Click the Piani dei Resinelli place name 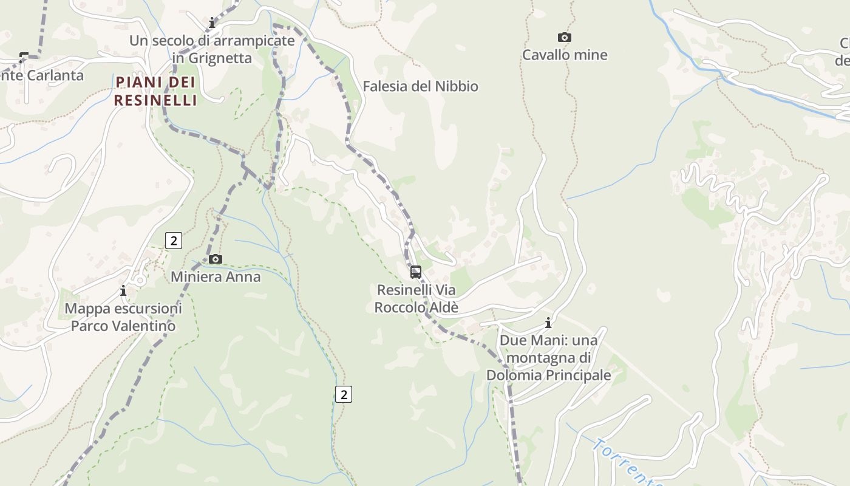click(156, 91)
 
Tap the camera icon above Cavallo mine click(565, 38)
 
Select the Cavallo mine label click(565, 55)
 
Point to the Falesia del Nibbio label click(420, 86)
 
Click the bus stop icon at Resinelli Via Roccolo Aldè click(416, 272)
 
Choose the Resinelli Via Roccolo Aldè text click(416, 298)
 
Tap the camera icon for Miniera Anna click(215, 259)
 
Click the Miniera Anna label click(216, 277)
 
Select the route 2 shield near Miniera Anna click(174, 241)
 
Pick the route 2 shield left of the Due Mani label click(344, 394)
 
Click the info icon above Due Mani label click(548, 323)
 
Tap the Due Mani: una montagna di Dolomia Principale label click(549, 358)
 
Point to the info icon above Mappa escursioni click(123, 291)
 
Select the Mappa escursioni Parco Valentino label click(123, 317)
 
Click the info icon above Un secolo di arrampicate click(212, 23)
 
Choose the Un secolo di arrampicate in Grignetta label click(212, 49)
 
